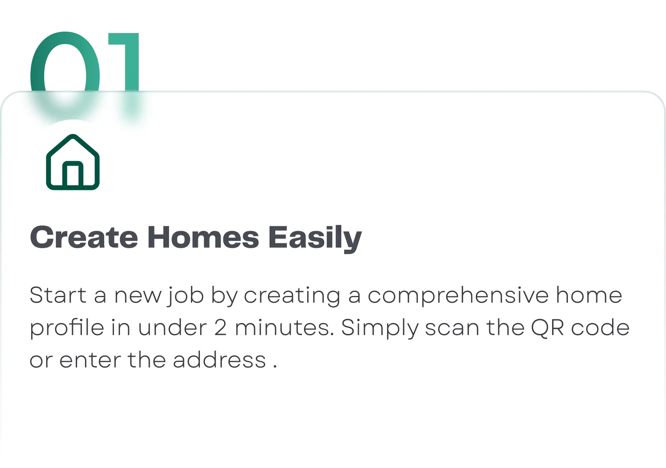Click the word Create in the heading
(x=84, y=238)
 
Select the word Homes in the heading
(x=203, y=237)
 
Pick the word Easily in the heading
(x=315, y=239)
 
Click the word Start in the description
(x=58, y=295)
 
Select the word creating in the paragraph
(x=292, y=296)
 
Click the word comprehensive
(x=458, y=296)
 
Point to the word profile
(x=67, y=328)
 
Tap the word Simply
(x=380, y=328)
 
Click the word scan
(x=452, y=328)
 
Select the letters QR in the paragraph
(x=547, y=328)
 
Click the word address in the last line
(x=219, y=360)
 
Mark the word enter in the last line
(x=90, y=360)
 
